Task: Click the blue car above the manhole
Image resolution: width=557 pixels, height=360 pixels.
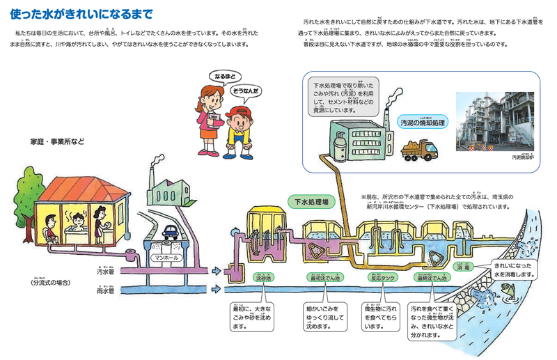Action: tap(171, 229)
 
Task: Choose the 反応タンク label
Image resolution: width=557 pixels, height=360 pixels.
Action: tap(381, 277)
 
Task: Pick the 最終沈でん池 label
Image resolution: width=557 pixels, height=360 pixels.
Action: tap(432, 277)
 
